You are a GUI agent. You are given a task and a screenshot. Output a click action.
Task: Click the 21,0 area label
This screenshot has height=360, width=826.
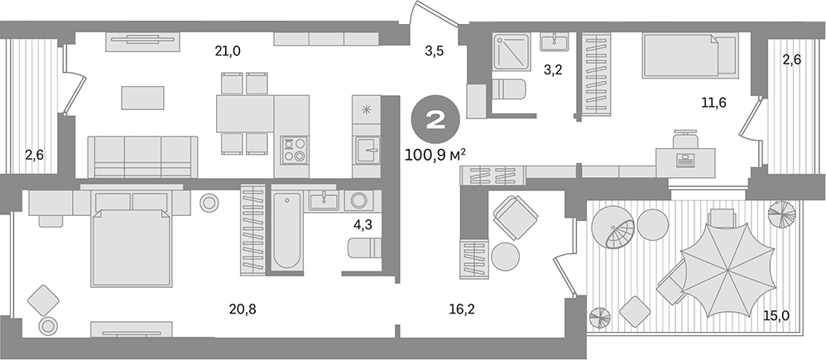click(x=227, y=51)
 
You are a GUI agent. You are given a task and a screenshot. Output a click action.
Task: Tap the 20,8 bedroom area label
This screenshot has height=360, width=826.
click(x=243, y=309)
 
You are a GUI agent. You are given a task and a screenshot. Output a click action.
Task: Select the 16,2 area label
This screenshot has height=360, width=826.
click(x=439, y=309)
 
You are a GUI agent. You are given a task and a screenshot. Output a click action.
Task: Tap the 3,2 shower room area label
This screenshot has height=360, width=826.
click(x=553, y=70)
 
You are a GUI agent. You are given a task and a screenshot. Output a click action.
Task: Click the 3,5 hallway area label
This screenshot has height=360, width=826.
click(x=435, y=51)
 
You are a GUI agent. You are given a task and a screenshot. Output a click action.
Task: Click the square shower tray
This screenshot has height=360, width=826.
click(x=511, y=53)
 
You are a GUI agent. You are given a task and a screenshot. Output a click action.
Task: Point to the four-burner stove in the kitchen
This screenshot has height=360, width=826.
click(x=294, y=149)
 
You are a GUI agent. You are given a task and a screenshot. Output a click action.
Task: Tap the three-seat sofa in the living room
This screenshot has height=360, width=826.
click(x=144, y=156)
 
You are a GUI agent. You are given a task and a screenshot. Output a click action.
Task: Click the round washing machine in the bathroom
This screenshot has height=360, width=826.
click(x=359, y=200)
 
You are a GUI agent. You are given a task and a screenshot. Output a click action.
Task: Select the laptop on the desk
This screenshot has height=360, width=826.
click(x=685, y=159)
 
